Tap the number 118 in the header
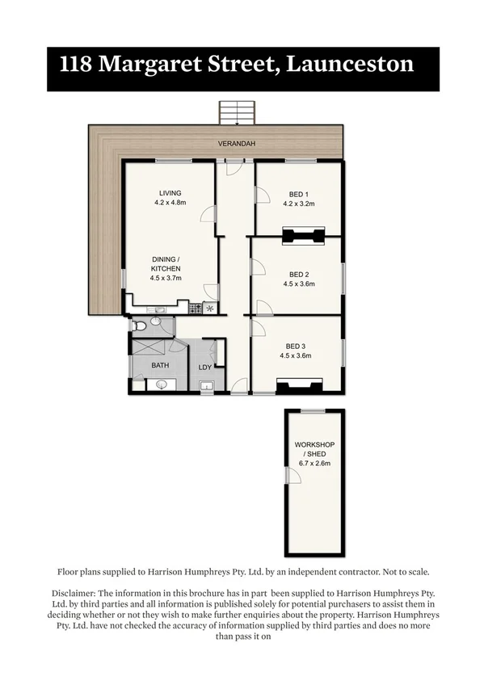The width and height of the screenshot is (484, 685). coord(75,64)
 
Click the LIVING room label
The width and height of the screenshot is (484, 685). coord(170,193)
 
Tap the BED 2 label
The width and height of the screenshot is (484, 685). coord(299,274)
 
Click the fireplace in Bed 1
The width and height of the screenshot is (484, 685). coord(302,237)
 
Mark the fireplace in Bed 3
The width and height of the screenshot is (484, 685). coord(301,386)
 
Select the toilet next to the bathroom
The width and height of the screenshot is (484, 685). coord(141,326)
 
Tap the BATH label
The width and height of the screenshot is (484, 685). coord(160,366)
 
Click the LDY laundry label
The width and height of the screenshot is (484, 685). coord(205,368)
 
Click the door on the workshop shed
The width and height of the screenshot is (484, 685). coord(293,477)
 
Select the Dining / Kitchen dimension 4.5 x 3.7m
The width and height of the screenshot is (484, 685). coord(166,278)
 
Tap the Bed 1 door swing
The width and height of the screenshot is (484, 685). coord(262,195)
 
